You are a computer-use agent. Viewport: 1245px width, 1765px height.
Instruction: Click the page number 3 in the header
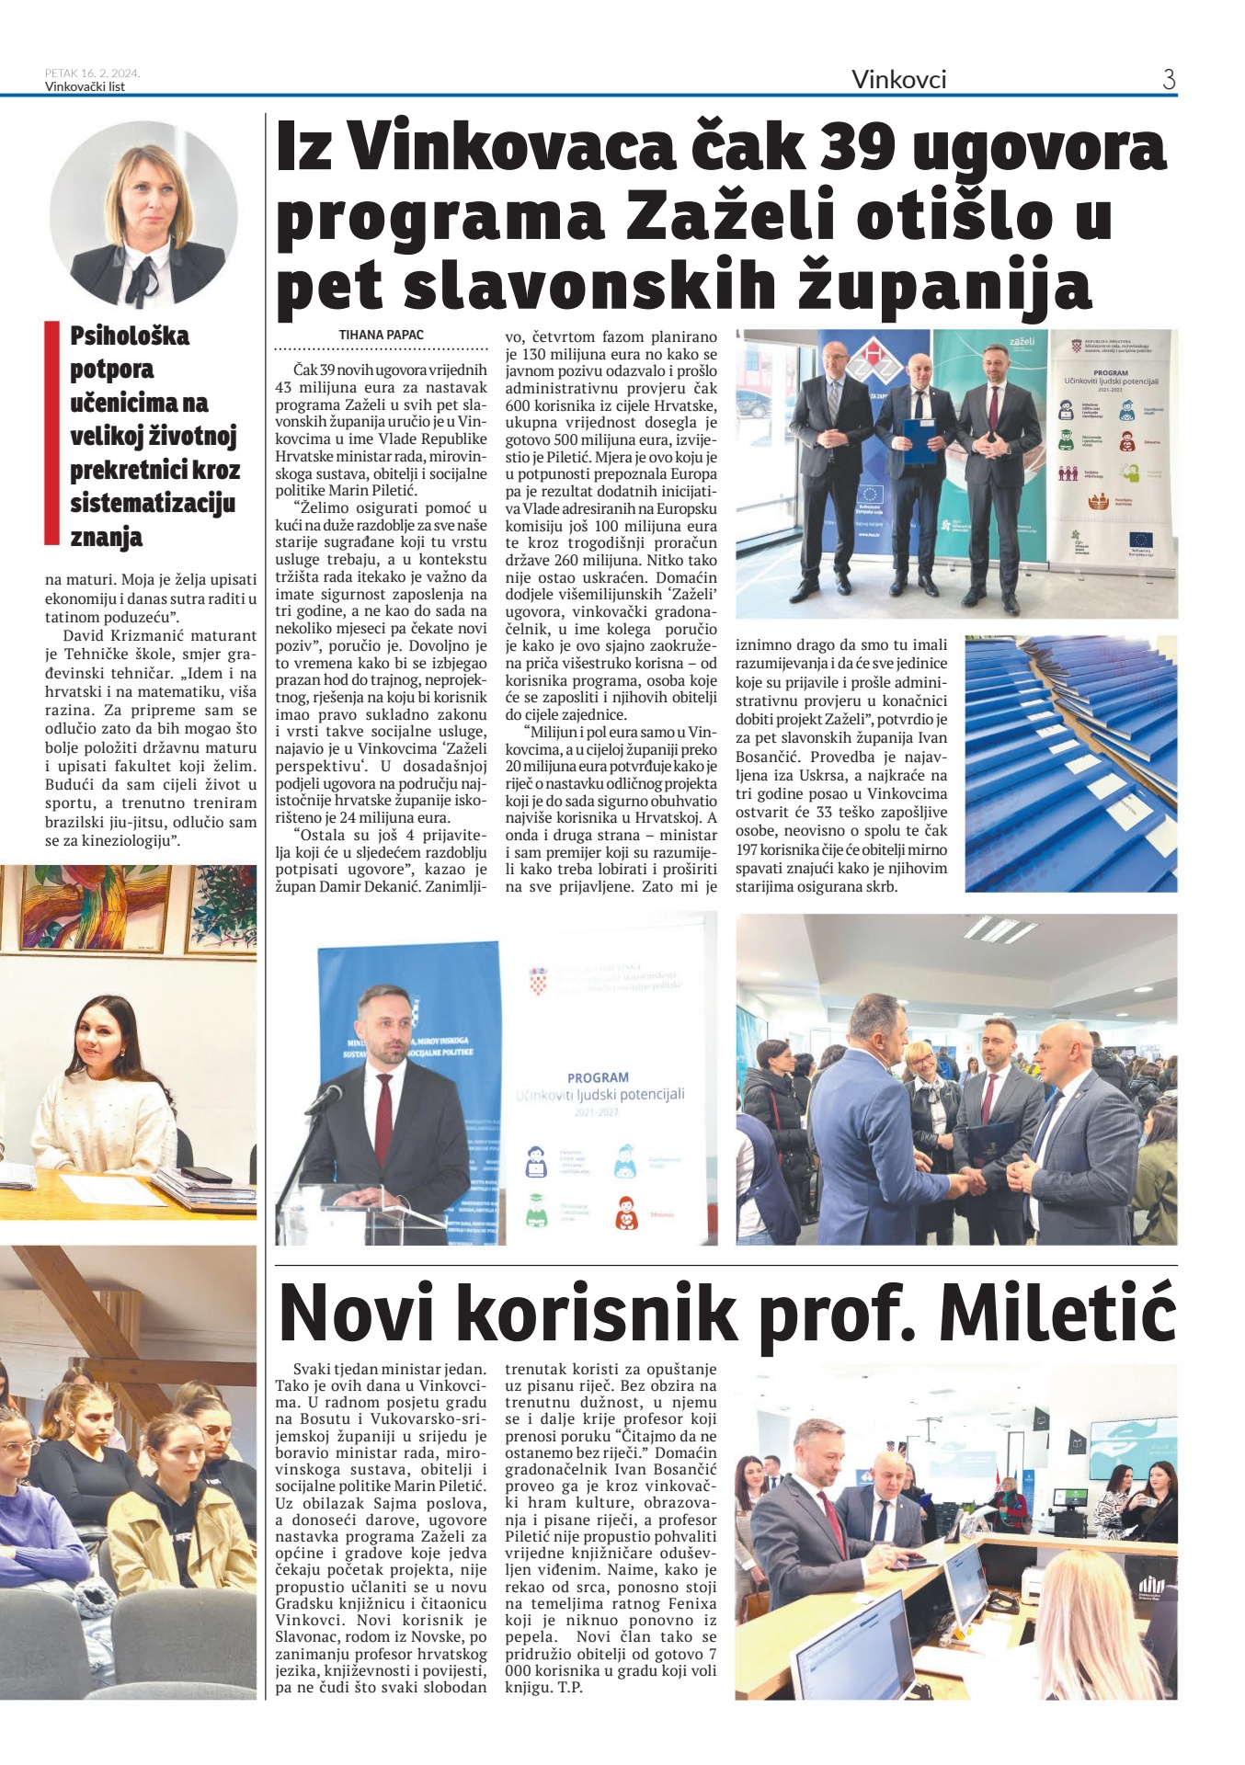point(1169,80)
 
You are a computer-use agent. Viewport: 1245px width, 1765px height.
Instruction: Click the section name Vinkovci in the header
point(898,80)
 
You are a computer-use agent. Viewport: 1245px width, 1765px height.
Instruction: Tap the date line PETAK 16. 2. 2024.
point(92,74)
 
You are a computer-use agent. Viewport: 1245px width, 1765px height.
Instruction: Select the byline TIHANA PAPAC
point(381,335)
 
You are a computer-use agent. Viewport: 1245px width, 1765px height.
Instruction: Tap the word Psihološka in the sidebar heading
point(130,336)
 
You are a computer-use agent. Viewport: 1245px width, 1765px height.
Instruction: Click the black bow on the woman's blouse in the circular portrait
point(141,280)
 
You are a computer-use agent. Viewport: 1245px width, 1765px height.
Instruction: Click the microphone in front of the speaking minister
point(326,1097)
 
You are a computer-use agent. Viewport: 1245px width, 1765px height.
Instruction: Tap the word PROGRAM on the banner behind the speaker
point(598,1077)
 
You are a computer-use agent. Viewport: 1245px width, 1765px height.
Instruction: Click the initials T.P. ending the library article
point(570,1687)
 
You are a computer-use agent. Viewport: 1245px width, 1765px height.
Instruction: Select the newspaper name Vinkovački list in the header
point(85,87)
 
